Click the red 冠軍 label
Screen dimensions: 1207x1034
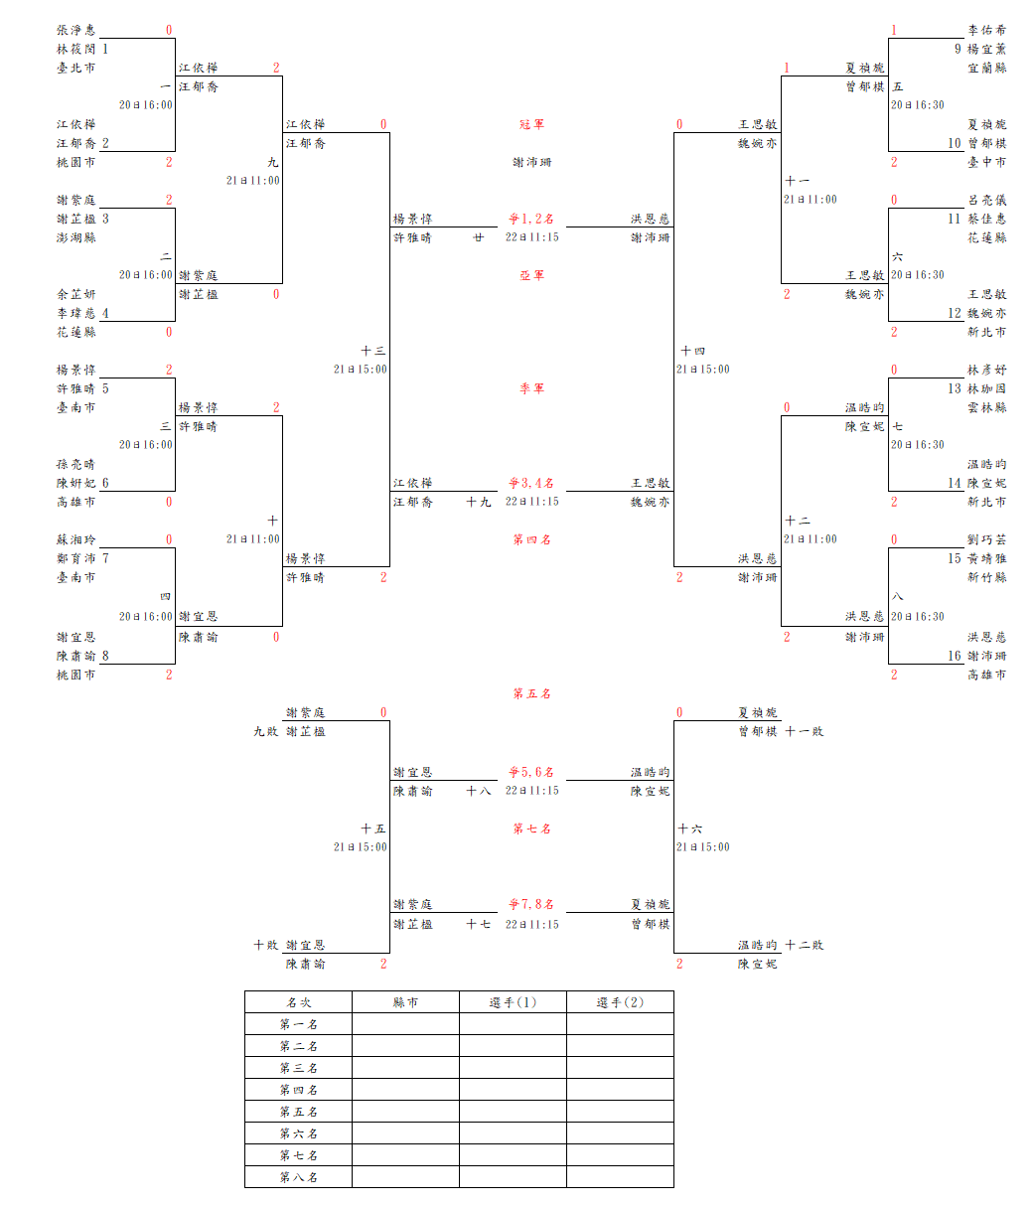coord(531,124)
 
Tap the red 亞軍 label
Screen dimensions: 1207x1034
coord(531,275)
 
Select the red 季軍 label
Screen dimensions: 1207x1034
coord(531,388)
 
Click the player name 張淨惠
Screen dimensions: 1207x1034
coord(76,30)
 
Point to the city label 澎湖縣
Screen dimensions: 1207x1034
coord(76,237)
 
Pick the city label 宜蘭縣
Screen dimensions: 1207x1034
coord(986,68)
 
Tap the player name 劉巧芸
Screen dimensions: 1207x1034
coord(986,539)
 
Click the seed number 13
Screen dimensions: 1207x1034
coord(954,388)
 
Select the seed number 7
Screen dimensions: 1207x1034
coord(105,558)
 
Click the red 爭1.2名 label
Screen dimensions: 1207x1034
coord(531,219)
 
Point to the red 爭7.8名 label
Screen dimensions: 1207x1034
coord(531,904)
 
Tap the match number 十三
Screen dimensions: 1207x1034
coord(372,351)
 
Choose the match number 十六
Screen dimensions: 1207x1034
coord(690,829)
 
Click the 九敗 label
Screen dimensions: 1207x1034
coord(265,731)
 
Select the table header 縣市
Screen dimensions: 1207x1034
coord(405,1002)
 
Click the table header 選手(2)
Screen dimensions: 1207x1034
coord(620,1002)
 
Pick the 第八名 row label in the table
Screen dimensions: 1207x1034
coord(298,1177)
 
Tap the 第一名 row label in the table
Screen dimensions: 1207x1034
coord(298,1024)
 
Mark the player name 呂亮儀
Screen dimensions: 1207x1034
coord(986,200)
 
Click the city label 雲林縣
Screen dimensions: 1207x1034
coord(986,407)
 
